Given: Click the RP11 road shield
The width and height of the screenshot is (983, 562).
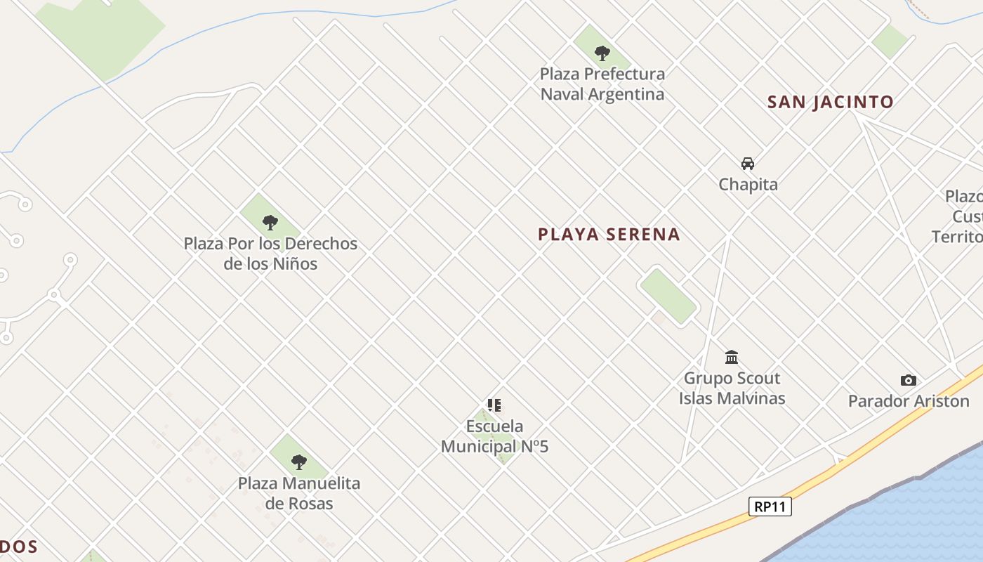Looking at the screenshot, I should coord(770,507).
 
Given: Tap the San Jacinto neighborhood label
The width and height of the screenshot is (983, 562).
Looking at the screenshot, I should coord(830,102).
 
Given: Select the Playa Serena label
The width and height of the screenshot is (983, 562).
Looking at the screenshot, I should coord(609,235).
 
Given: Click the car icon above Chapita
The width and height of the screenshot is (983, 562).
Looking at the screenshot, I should coord(748,164).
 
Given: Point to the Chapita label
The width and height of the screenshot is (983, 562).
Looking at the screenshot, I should coord(748,185).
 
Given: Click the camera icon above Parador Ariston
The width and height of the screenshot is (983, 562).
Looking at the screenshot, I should coord(908,381).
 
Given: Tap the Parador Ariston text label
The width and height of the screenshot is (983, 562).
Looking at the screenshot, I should coord(908,402).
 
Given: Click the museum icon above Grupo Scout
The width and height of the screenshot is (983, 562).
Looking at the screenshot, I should coord(732,358).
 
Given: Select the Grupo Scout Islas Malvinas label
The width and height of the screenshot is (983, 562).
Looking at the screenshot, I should coord(732,388).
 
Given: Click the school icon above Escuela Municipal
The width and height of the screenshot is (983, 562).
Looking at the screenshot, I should coord(494,405).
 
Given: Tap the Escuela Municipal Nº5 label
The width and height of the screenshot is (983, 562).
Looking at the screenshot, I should coord(494,436).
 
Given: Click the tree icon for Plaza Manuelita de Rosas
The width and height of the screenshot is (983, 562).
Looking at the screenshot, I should coord(299,462).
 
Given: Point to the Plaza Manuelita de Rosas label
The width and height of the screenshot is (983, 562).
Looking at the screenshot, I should coord(299,493).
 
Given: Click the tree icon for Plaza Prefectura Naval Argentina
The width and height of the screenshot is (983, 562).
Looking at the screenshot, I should coord(602,53).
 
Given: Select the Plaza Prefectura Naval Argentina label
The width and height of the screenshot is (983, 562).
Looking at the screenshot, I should coord(602,84).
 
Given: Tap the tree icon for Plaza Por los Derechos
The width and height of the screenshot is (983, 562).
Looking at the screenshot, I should coord(270,223).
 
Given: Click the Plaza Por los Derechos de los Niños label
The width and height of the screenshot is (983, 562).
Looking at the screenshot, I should coord(270,254).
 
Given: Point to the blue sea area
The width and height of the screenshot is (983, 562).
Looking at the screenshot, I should coord(913,513).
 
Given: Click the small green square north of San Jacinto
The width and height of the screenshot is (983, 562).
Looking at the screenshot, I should coord(890,41).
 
